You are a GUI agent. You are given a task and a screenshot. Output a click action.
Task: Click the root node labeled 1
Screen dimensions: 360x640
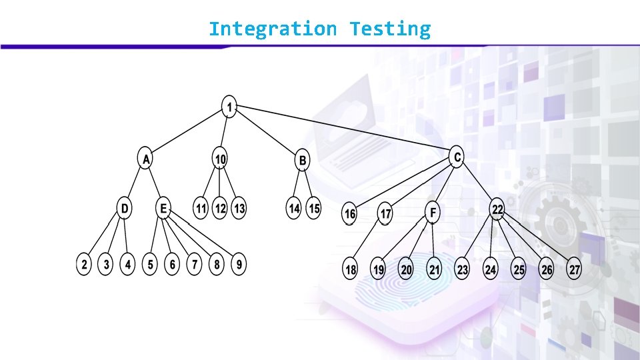[229, 107]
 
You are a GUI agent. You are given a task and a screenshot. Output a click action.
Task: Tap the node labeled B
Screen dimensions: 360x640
[303, 160]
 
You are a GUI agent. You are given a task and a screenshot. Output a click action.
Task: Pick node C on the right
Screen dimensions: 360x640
[457, 157]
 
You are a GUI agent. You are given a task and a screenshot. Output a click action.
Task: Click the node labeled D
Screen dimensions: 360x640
[125, 208]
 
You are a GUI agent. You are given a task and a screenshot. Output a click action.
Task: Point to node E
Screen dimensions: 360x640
[163, 208]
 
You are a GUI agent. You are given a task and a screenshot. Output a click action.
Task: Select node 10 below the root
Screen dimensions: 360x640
[220, 159]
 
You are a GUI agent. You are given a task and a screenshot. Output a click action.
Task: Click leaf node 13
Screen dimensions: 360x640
[239, 209]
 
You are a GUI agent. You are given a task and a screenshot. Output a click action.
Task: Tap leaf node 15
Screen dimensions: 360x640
[314, 209]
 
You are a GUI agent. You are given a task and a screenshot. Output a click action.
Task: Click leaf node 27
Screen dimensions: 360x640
[574, 270]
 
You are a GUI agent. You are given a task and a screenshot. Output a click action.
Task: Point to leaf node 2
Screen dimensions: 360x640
[84, 265]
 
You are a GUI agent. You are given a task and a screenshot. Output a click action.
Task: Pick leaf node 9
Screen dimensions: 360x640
[239, 265]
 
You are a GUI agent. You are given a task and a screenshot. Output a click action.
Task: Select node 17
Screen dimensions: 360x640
[385, 214]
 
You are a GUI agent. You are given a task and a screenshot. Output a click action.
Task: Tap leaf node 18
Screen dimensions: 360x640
[351, 270]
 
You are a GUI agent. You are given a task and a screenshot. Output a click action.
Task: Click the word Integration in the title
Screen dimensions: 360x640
[273, 29]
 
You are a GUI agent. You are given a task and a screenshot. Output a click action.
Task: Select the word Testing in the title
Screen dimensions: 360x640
[391, 29]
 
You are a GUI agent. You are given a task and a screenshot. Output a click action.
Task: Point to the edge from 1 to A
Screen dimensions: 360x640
[188, 133]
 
